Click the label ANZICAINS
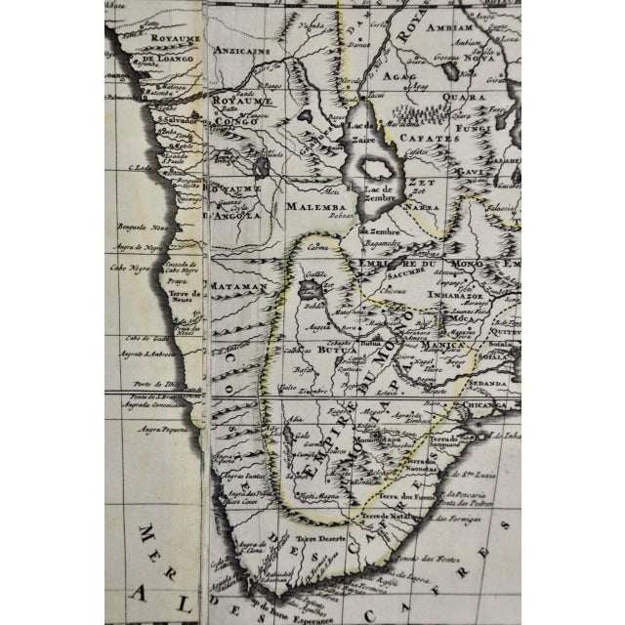pyautogui.click(x=248, y=82)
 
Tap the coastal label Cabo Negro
pyautogui.click(x=127, y=266)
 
